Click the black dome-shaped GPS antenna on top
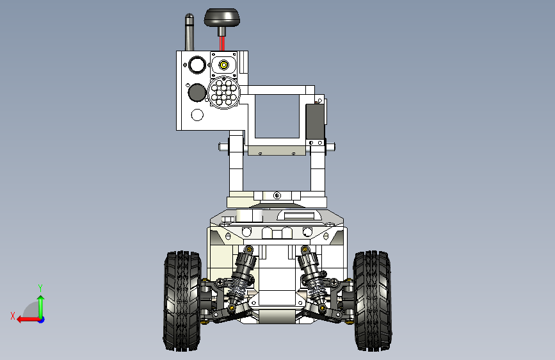[x=222, y=17]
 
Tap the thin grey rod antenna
[x=189, y=32]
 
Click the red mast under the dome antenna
[x=222, y=42]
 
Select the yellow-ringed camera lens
[x=223, y=65]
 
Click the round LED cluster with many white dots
[x=223, y=92]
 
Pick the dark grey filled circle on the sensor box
[x=196, y=92]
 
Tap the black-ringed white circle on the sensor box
[x=197, y=65]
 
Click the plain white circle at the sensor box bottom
[x=197, y=115]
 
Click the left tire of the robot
[x=182, y=301]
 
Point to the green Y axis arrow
[x=40, y=304]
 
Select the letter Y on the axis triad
[x=40, y=288]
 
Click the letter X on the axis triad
[x=12, y=316]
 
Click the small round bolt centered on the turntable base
[x=277, y=195]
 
